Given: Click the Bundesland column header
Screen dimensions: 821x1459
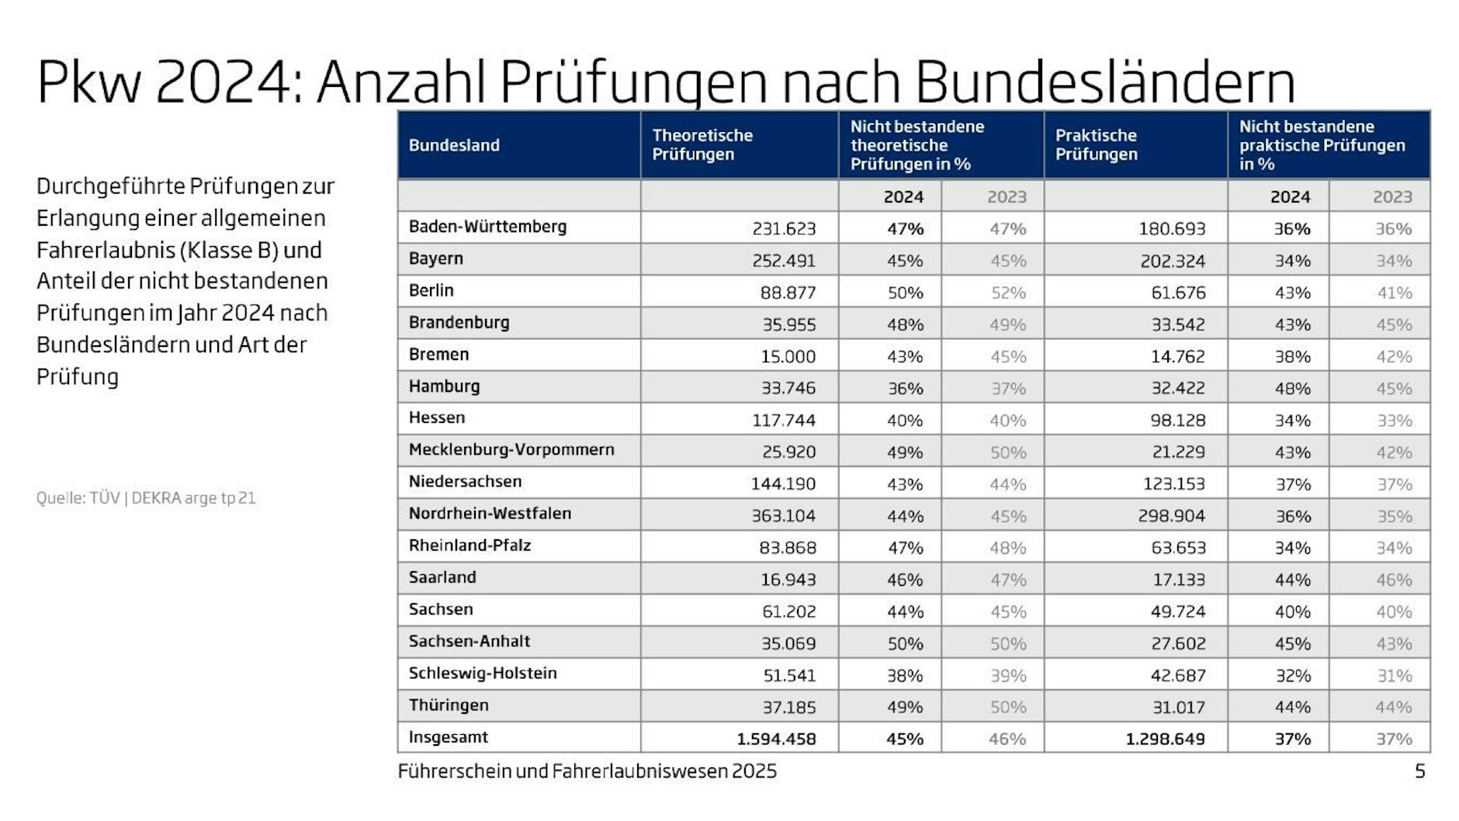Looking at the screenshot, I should tap(454, 145).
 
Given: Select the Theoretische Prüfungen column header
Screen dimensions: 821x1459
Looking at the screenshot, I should tap(702, 145).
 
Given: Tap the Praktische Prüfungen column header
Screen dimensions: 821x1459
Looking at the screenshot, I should tap(1096, 145).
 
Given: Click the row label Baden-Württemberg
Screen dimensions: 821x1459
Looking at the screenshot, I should tap(487, 227).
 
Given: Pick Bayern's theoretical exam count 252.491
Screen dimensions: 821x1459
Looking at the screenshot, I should tap(784, 261).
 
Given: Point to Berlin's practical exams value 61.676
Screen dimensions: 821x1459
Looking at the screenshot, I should tap(1178, 293).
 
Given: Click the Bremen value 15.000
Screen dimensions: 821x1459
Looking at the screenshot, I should tap(788, 356).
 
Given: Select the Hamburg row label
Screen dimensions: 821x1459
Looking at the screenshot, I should tap(444, 386).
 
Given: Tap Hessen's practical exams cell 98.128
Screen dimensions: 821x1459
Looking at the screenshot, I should tap(1178, 420).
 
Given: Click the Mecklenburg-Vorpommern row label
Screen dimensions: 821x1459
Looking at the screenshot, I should tap(511, 449).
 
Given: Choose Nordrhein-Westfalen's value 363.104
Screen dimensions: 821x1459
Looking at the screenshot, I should tap(784, 515).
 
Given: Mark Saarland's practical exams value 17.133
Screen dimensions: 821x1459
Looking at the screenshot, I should tap(1178, 579).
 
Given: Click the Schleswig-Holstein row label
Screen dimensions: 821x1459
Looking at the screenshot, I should tap(483, 673).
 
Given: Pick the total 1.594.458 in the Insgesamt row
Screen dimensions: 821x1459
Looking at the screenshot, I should tap(776, 739).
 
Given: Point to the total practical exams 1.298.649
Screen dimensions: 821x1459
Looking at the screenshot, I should tap(1165, 739).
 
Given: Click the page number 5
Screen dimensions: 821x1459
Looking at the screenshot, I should tap(1419, 771).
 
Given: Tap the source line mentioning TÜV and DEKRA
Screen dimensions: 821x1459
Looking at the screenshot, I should tap(146, 498).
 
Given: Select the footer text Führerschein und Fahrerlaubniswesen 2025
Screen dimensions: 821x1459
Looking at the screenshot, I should tap(587, 771).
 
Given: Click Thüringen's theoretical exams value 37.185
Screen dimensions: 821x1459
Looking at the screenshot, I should tap(788, 707).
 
